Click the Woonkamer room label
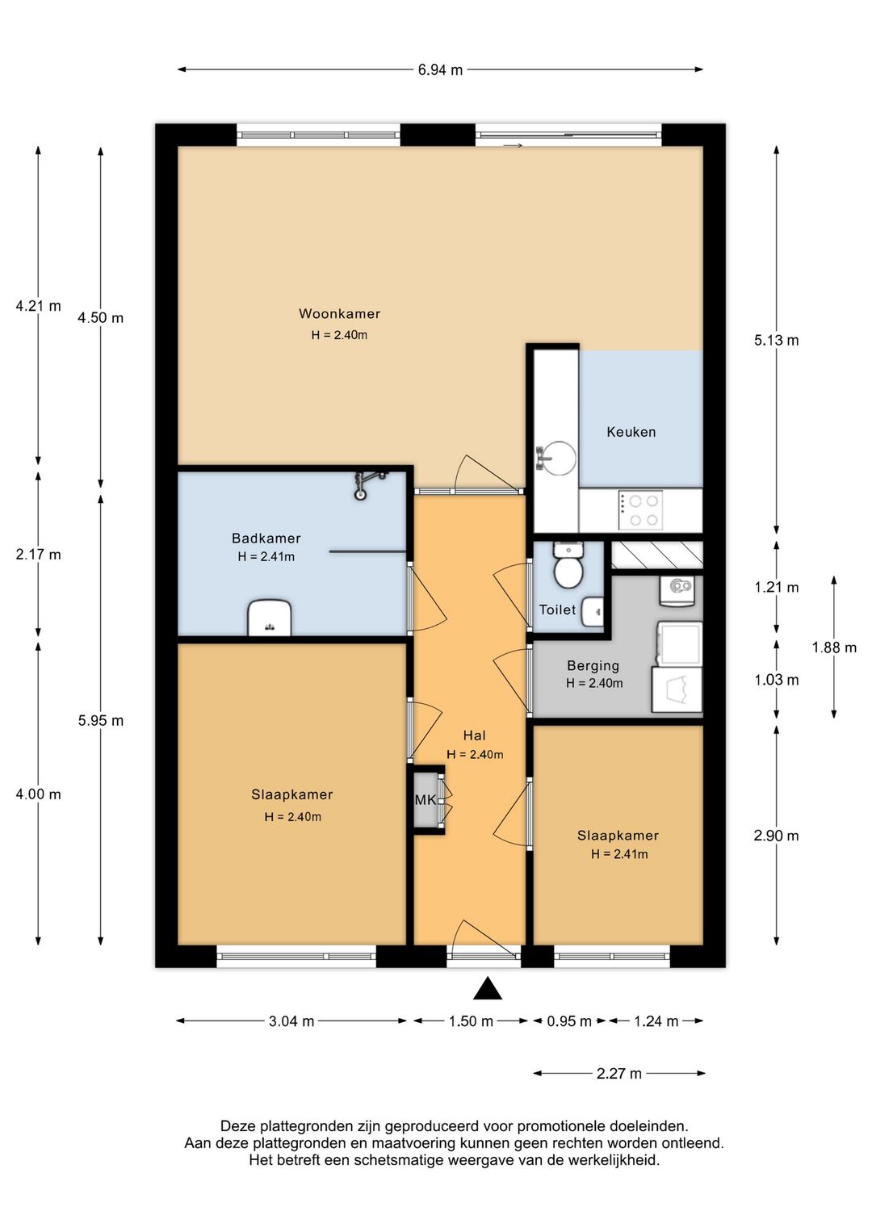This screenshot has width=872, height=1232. [x=339, y=313]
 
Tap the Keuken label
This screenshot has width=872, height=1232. [x=631, y=432]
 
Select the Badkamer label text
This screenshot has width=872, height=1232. [x=266, y=538]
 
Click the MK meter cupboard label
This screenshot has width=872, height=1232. [x=426, y=800]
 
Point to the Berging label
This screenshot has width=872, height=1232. [x=593, y=665]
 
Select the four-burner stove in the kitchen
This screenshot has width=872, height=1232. [x=640, y=510]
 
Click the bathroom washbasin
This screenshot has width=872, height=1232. [x=270, y=617]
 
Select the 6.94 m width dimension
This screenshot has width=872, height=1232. [x=439, y=70]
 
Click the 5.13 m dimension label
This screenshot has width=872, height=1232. [x=776, y=341]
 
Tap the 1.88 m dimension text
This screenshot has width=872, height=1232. [x=834, y=647]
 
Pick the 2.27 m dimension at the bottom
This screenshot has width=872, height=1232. [x=619, y=1073]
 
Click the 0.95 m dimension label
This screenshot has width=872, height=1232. [x=569, y=1021]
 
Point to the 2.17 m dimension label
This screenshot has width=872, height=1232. [x=38, y=555]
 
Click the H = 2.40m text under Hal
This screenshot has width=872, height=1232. [x=475, y=755]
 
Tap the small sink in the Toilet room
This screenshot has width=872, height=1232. [x=592, y=610]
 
